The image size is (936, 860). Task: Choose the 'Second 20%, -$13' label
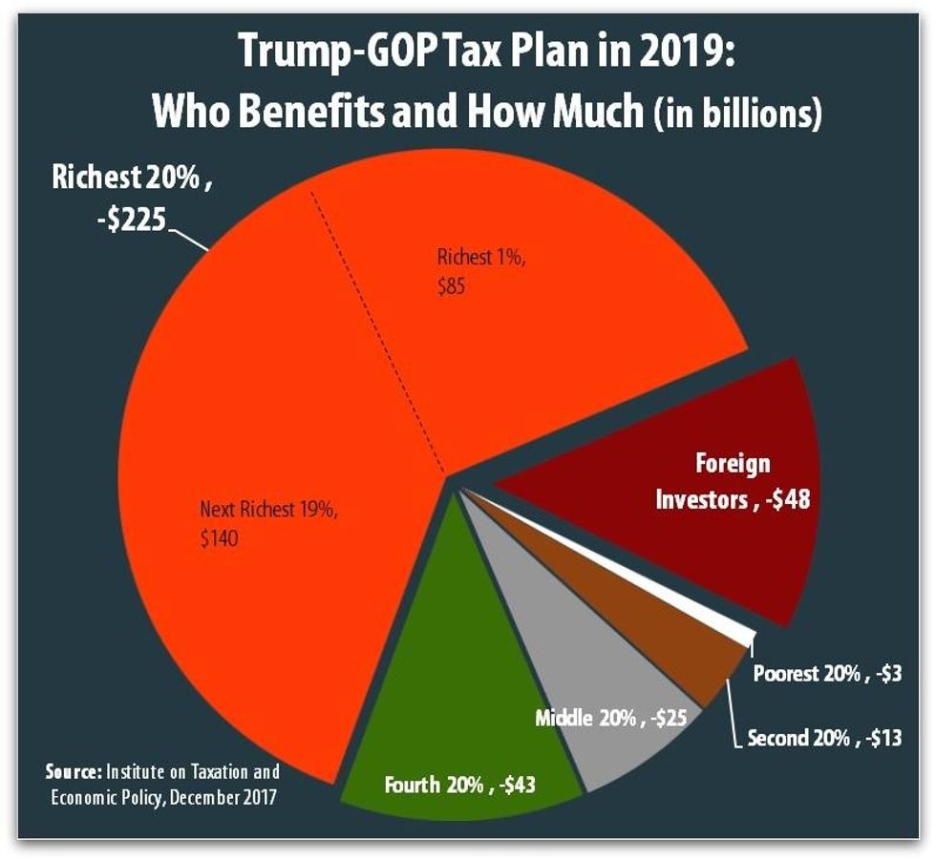(824, 737)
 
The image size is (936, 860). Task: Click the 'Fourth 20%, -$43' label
(459, 786)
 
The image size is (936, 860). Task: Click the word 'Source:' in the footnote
(74, 770)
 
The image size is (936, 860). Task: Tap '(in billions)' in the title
(734, 115)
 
